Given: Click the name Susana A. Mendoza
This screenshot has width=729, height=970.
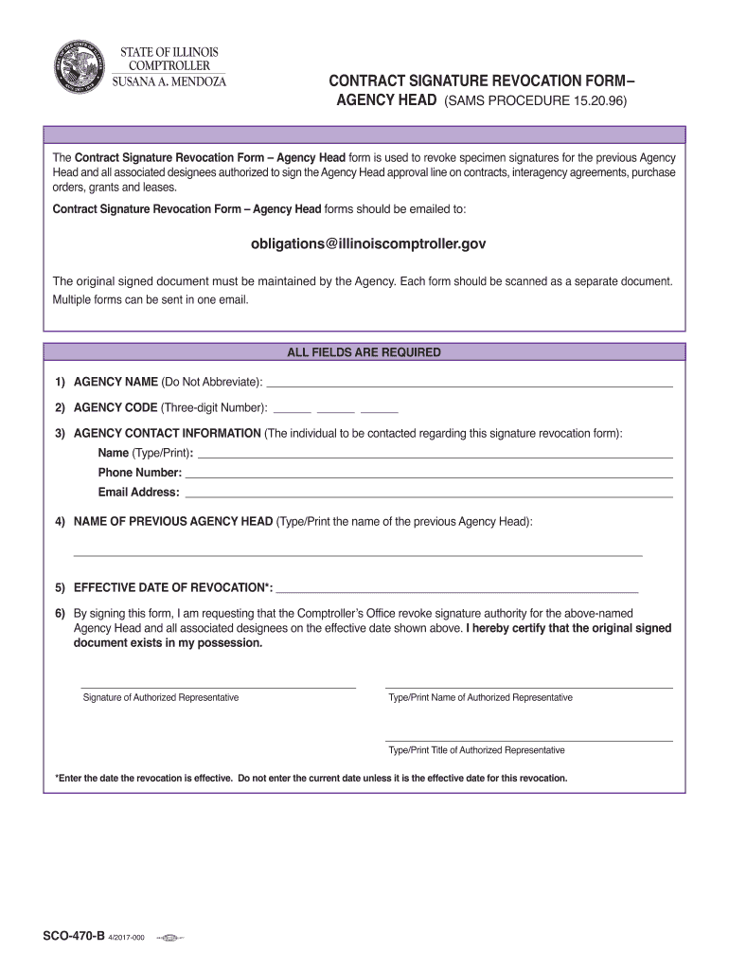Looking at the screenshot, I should [169, 81].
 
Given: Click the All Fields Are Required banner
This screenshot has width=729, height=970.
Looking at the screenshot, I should [364, 352].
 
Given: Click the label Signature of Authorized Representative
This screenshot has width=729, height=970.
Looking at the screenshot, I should [161, 697].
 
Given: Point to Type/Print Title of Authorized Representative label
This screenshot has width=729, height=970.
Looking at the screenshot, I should [476, 749].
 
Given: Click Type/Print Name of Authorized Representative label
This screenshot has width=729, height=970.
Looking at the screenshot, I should [480, 697].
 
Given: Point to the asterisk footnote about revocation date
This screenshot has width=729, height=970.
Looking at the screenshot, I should [311, 778].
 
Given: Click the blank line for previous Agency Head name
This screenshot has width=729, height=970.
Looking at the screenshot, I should [358, 552].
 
